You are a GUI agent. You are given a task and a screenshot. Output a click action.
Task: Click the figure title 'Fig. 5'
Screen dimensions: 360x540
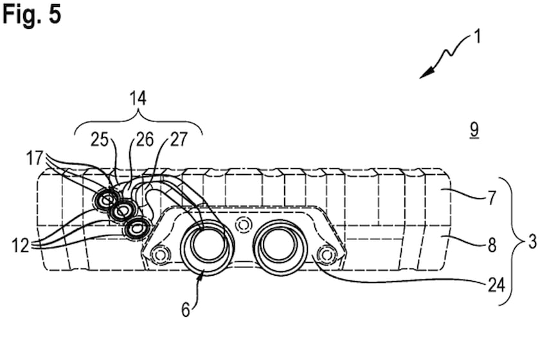tap(32, 14)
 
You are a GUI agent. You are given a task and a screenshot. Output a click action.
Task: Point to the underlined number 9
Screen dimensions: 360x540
tap(474, 130)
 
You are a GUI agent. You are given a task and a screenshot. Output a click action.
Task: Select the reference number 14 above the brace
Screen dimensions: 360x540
tap(137, 98)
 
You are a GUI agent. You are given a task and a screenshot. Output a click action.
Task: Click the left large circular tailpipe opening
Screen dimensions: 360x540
tap(206, 248)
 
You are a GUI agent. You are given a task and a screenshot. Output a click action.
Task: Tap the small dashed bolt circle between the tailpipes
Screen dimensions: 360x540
tap(242, 224)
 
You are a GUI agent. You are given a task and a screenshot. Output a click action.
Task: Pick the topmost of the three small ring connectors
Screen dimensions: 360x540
tap(104, 201)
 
